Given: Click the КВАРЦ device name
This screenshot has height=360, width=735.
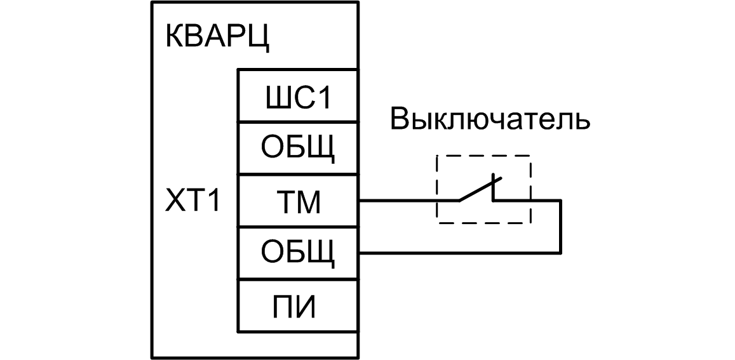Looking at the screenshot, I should (217, 36).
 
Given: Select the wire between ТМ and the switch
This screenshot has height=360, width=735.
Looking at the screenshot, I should (407, 201).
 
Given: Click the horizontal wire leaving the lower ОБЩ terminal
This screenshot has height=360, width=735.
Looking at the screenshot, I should (457, 254).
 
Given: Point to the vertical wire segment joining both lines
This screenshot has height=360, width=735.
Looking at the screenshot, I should (560, 227).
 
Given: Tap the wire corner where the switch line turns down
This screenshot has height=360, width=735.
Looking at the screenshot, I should (560, 201).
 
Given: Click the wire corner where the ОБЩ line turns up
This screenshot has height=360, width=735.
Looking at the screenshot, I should (560, 254).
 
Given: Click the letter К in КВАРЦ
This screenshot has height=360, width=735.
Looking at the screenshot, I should (174, 36).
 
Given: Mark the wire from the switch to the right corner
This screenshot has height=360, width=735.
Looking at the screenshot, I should (527, 201).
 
